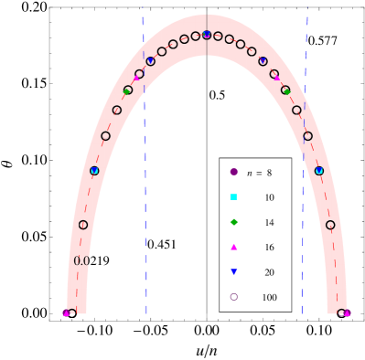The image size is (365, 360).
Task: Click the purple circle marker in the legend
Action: [x=233, y=172]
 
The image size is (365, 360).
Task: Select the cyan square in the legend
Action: [x=233, y=197]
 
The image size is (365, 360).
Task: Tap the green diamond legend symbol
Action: [x=233, y=222]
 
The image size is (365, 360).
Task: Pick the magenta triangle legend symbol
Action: [x=233, y=247]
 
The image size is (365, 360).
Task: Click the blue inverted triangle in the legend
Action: [x=233, y=272]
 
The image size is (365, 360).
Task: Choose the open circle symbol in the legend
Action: [x=233, y=297]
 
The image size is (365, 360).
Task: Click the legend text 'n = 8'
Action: [x=259, y=173]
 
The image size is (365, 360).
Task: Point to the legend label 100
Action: [x=269, y=298]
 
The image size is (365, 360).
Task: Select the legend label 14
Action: [x=269, y=223]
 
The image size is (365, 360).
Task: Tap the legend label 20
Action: [x=269, y=272]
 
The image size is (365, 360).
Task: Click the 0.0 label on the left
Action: [x=81, y=260]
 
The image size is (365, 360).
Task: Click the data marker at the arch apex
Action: [x=207, y=35]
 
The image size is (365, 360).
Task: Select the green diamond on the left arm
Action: [x=127, y=90]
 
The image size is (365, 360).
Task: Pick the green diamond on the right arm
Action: [x=286, y=90]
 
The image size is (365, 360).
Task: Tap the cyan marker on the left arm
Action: [x=94, y=171]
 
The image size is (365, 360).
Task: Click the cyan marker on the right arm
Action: [x=319, y=171]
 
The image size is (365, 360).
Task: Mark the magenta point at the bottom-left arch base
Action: [x=66, y=313]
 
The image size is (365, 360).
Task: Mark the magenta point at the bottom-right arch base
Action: [x=347, y=313]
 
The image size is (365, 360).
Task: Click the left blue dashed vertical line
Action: [x=145, y=183]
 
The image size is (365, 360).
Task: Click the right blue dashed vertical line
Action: [x=305, y=183]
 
